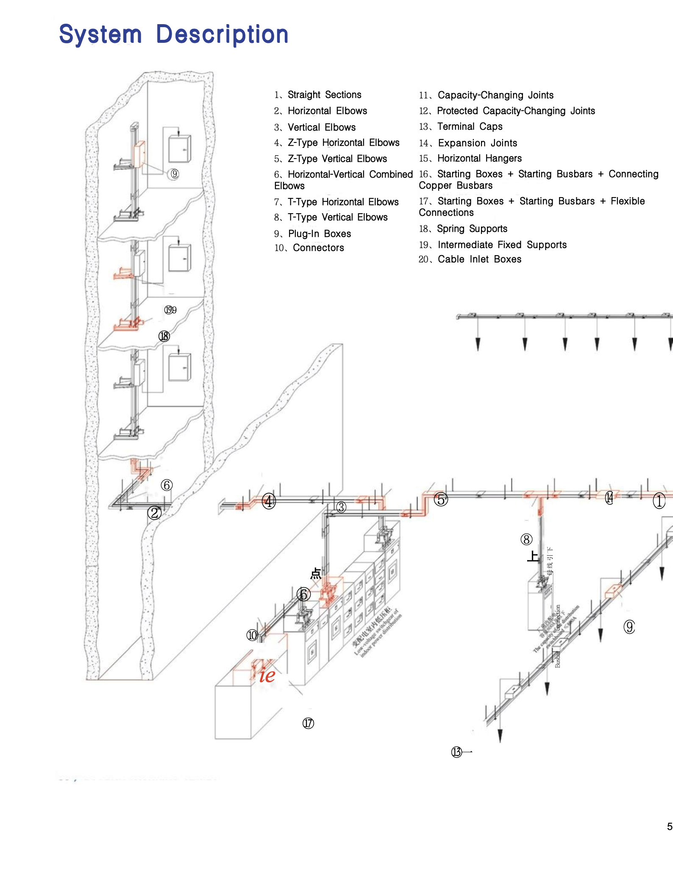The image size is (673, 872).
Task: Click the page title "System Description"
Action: pyautogui.click(x=174, y=35)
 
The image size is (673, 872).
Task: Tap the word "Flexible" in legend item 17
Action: pyautogui.click(x=628, y=201)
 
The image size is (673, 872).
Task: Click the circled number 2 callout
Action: pyautogui.click(x=155, y=513)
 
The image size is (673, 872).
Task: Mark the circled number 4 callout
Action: pyautogui.click(x=269, y=501)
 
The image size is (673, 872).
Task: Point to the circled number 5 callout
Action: pyautogui.click(x=441, y=499)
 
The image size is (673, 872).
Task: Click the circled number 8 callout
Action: pyautogui.click(x=526, y=540)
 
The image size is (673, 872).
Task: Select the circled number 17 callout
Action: pyautogui.click(x=308, y=723)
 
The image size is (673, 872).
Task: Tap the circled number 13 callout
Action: pyautogui.click(x=456, y=752)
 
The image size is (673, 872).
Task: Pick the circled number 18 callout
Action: pyautogui.click(x=164, y=336)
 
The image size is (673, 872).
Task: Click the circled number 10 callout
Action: pyautogui.click(x=252, y=635)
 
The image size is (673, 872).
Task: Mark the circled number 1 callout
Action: pyautogui.click(x=659, y=501)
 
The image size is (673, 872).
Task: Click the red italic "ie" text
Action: pyautogui.click(x=267, y=675)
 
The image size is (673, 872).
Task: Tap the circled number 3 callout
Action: pyautogui.click(x=341, y=507)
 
